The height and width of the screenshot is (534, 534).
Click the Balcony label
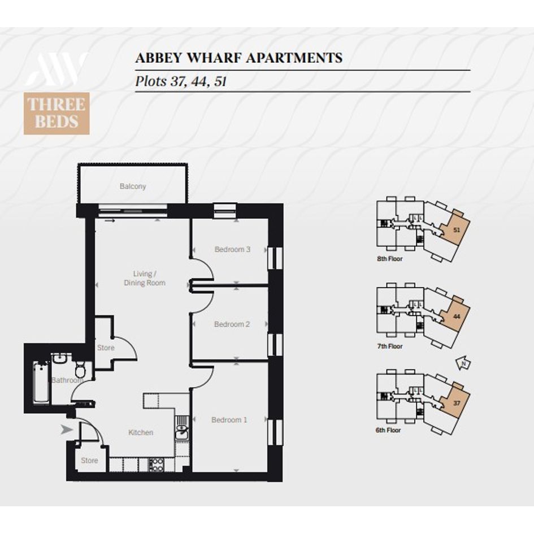point(132,186)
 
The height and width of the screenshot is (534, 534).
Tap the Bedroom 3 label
point(232,249)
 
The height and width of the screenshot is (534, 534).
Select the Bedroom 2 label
point(232,324)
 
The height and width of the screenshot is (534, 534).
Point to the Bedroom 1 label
point(229,420)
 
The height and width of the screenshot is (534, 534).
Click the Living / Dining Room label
point(145,278)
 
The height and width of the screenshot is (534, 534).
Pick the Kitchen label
point(141,432)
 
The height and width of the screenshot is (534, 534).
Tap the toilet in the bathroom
point(80,368)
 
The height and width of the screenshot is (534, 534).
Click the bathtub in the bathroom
point(41,383)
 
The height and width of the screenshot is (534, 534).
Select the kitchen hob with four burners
point(156,464)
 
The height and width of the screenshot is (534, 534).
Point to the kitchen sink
point(181,428)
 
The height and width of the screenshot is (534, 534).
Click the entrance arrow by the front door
point(67,430)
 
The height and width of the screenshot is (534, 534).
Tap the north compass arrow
point(463,363)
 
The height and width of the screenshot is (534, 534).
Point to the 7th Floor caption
point(389,346)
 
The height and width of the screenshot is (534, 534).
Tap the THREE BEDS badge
point(57,114)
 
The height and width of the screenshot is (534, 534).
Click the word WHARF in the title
point(215,58)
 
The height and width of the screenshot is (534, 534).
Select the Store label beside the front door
point(89,461)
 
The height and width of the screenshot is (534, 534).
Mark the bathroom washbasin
point(61,359)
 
